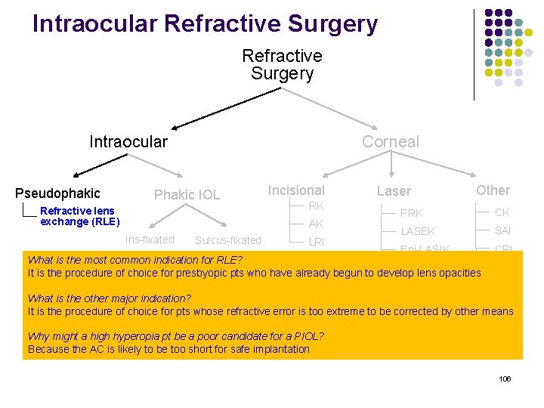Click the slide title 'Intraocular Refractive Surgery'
point(205,24)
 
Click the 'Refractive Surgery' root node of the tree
point(282,65)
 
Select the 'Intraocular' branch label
point(128,142)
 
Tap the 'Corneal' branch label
point(390,142)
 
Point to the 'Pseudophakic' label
point(57,193)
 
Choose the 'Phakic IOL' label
point(187,195)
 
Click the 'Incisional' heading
point(296,190)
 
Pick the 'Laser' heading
point(394,192)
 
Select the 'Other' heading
point(493,190)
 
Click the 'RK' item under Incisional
point(316,206)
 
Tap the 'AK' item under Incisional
point(316,224)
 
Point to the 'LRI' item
point(317,242)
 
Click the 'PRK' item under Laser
point(412,213)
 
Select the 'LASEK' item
point(418,231)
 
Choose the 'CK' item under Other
point(502,212)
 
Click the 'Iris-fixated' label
point(150,240)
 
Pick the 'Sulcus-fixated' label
point(227,240)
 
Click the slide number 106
point(505,379)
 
